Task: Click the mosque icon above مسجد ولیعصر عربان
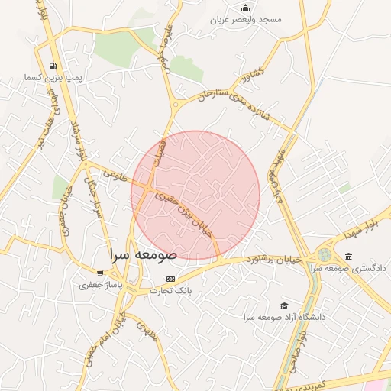(x=245, y=8)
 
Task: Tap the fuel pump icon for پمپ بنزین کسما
(x=52, y=66)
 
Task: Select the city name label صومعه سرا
(x=143, y=254)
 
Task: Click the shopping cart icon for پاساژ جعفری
(x=100, y=273)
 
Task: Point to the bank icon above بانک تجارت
(x=170, y=279)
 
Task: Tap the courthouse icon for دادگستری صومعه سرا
(x=349, y=257)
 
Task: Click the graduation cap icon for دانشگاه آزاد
(x=285, y=305)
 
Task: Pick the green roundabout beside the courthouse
(x=325, y=254)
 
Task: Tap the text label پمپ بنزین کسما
(x=52, y=78)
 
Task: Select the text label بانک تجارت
(x=170, y=291)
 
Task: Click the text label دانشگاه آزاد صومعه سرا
(x=285, y=316)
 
